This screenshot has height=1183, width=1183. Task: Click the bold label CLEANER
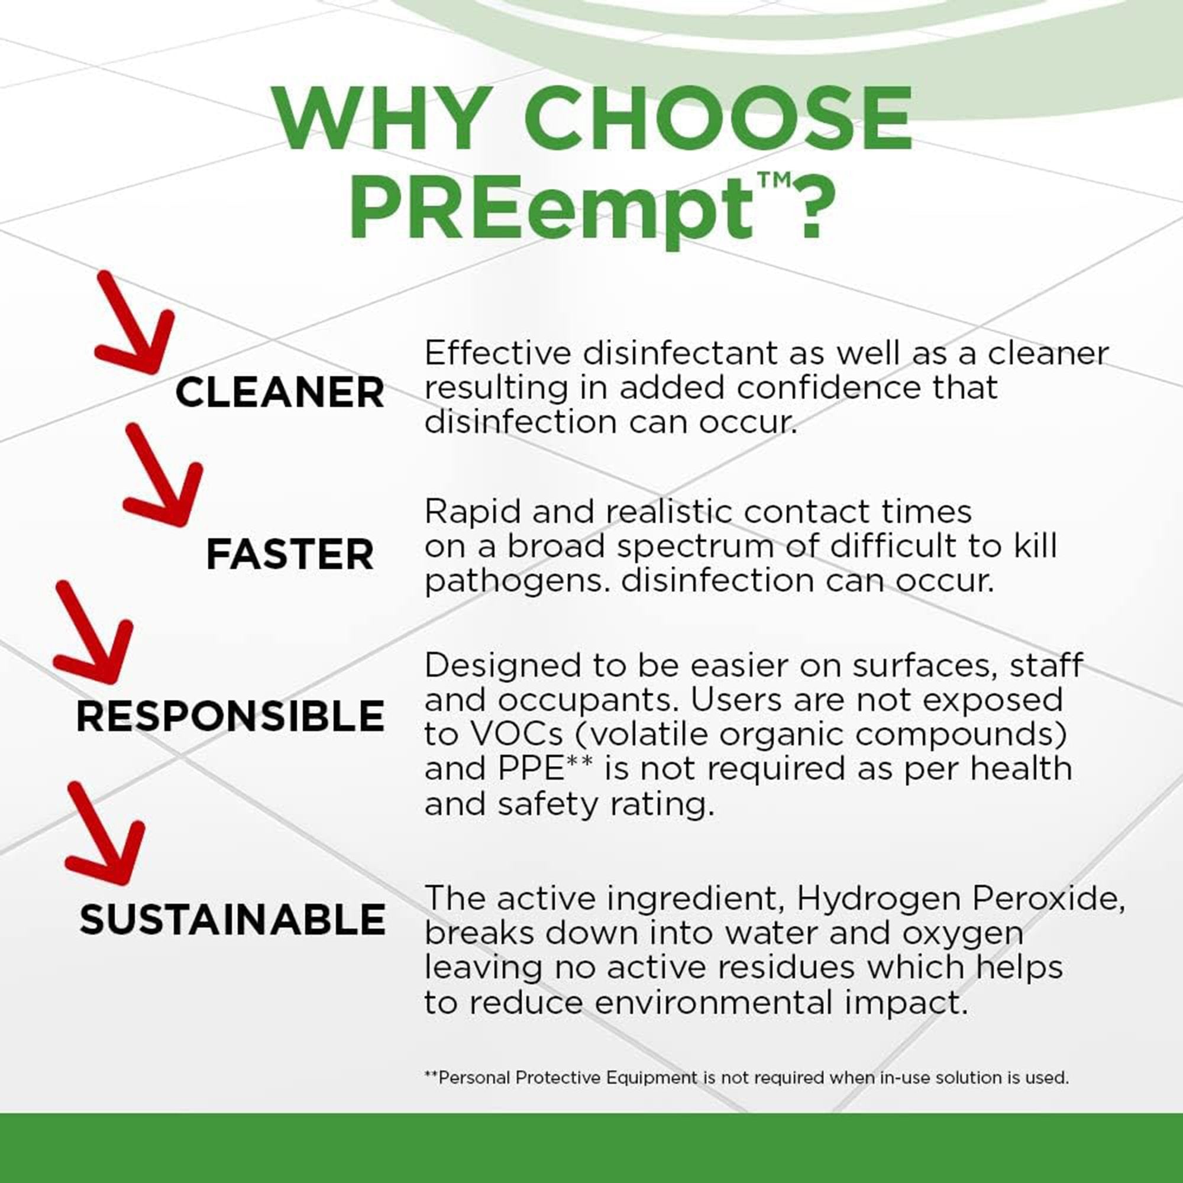point(279,393)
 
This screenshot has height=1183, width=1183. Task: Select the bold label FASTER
point(290,555)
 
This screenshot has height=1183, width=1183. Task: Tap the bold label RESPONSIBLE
point(230,716)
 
